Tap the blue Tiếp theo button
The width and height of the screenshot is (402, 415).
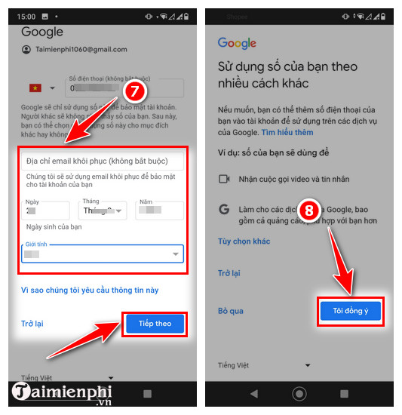pos(155,323)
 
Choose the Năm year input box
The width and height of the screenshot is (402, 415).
pos(160,211)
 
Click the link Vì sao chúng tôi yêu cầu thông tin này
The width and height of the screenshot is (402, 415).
pos(90,290)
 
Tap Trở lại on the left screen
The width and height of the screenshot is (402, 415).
pos(32,324)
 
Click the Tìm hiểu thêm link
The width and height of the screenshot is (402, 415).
pos(287,132)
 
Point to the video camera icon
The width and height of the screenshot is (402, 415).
pos(224,179)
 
